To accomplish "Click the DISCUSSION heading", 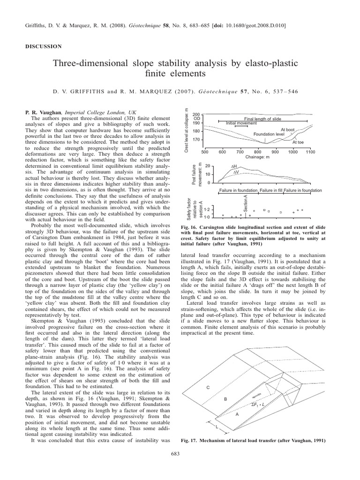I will point(43,46).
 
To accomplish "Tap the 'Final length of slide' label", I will point(263,119).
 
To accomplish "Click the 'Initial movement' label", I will point(241,123).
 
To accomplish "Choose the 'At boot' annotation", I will point(287,129).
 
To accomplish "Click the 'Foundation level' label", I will point(269,134).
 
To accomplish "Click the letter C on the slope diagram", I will point(206,387).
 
